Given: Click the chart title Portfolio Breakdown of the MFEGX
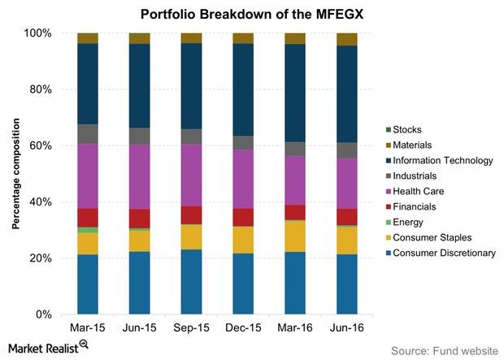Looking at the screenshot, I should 251,14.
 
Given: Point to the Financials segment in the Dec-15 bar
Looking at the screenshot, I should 243,217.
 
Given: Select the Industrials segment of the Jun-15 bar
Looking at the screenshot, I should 140,136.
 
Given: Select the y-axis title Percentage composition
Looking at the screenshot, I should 15,174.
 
